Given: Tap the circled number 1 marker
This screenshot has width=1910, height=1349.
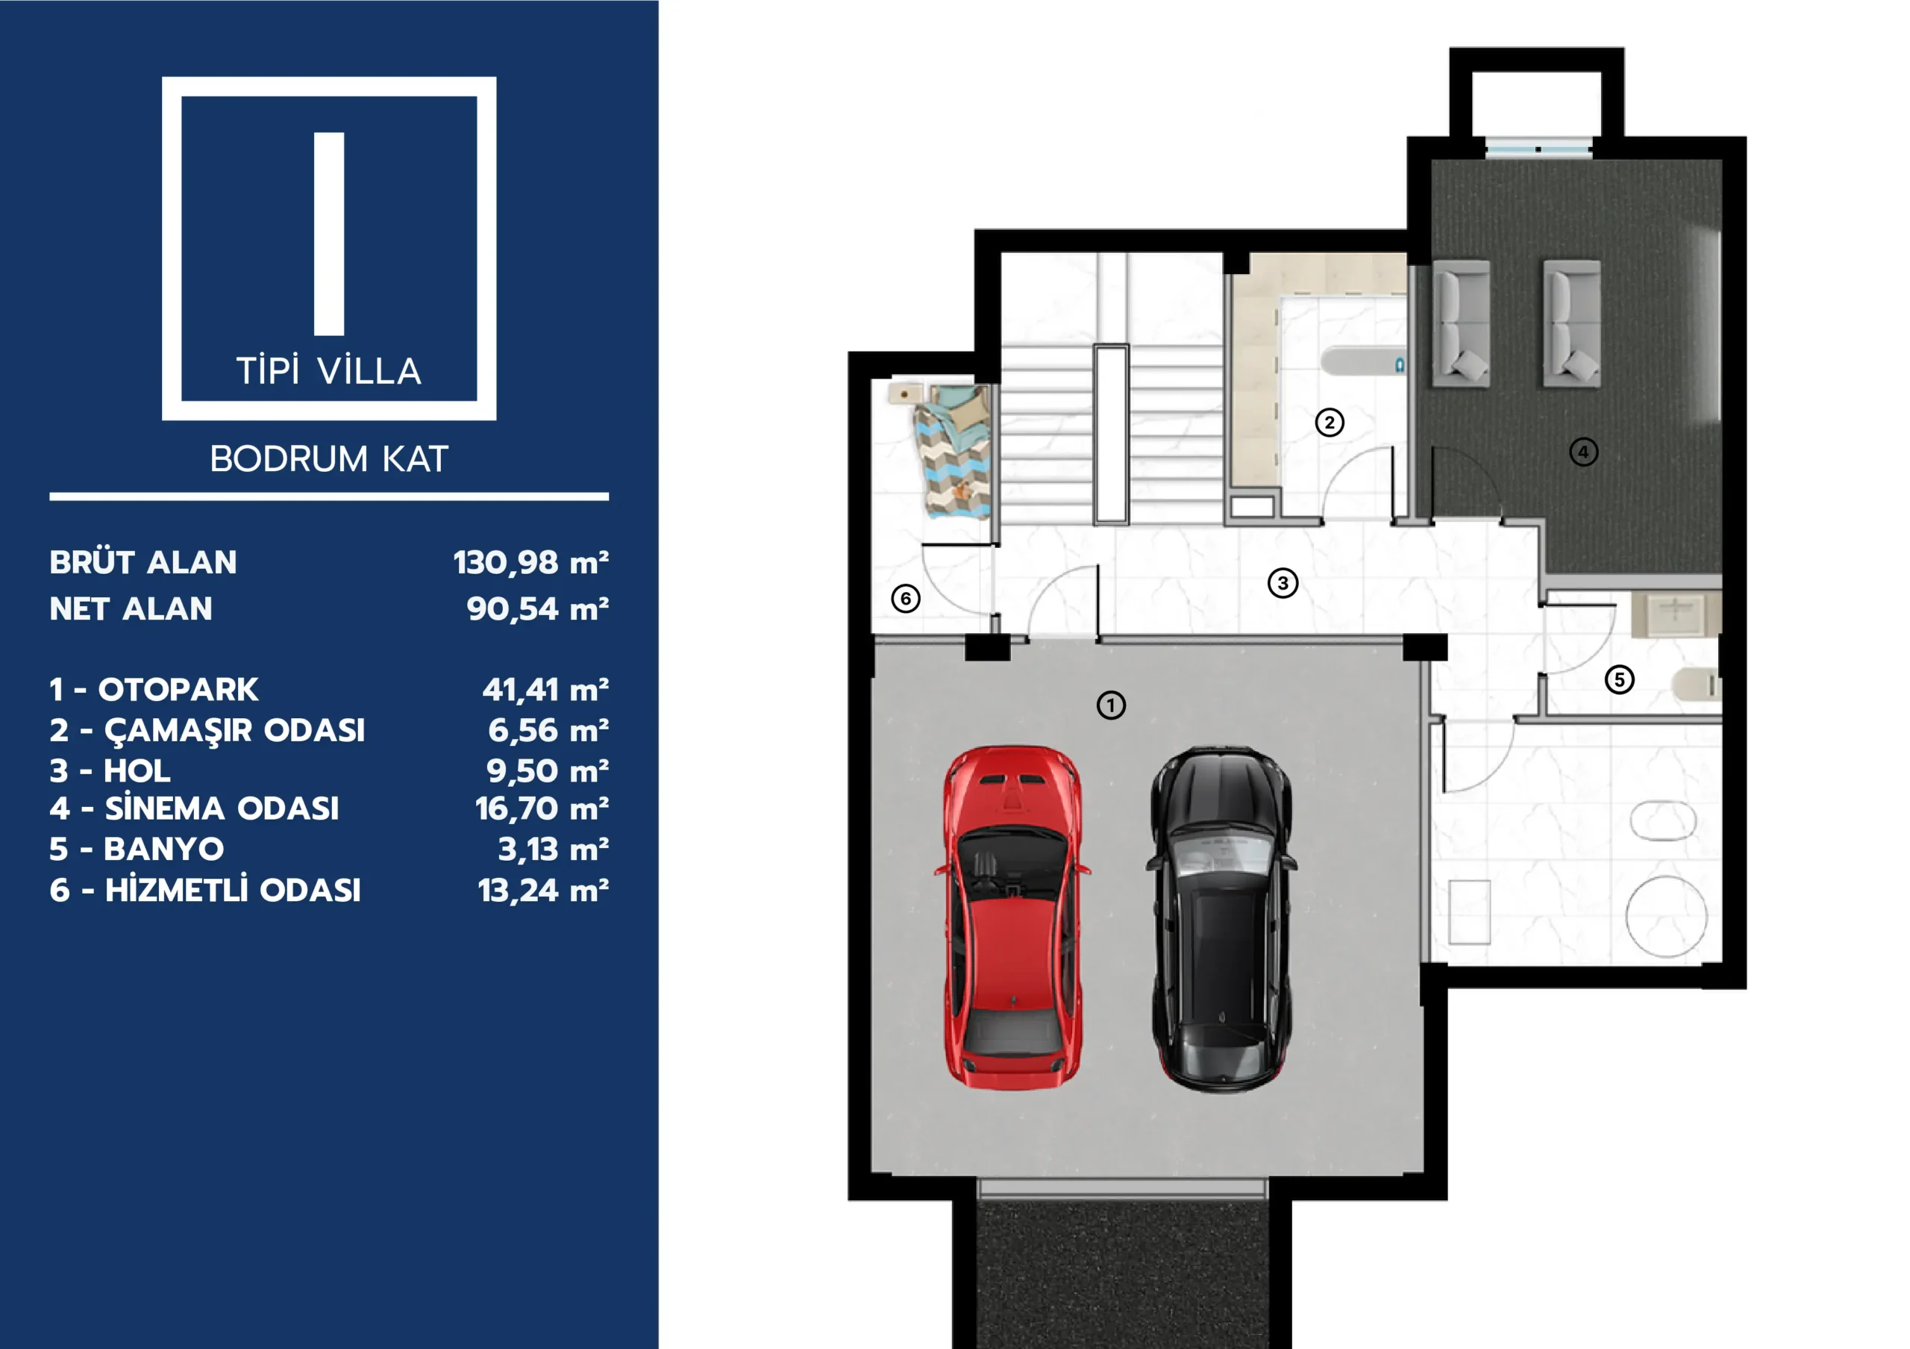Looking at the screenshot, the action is click(1112, 705).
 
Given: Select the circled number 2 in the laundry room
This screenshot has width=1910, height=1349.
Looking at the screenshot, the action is click(1330, 423).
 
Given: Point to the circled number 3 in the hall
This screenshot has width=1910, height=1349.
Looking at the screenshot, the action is click(1283, 583).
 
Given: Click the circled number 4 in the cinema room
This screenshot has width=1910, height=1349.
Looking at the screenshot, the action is click(1583, 452).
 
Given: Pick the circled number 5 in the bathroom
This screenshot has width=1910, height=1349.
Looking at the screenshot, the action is click(1620, 680).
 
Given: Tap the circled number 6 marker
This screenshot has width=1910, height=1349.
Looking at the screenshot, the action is click(906, 599).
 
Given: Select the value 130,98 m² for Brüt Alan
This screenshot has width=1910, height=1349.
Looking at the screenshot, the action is click(530, 563).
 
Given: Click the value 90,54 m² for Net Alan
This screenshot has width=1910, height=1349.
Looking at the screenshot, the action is click(537, 609).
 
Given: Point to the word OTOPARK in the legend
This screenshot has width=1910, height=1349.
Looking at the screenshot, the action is click(178, 690).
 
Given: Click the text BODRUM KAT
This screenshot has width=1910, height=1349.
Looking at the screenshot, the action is click(330, 459).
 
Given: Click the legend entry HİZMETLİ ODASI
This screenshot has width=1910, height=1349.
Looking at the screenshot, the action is click(233, 891).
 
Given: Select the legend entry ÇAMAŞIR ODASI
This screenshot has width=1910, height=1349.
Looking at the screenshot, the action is click(234, 731).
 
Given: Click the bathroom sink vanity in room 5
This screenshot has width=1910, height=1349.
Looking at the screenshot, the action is click(1676, 614).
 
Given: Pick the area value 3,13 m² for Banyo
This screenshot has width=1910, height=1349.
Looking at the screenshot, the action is click(553, 850).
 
